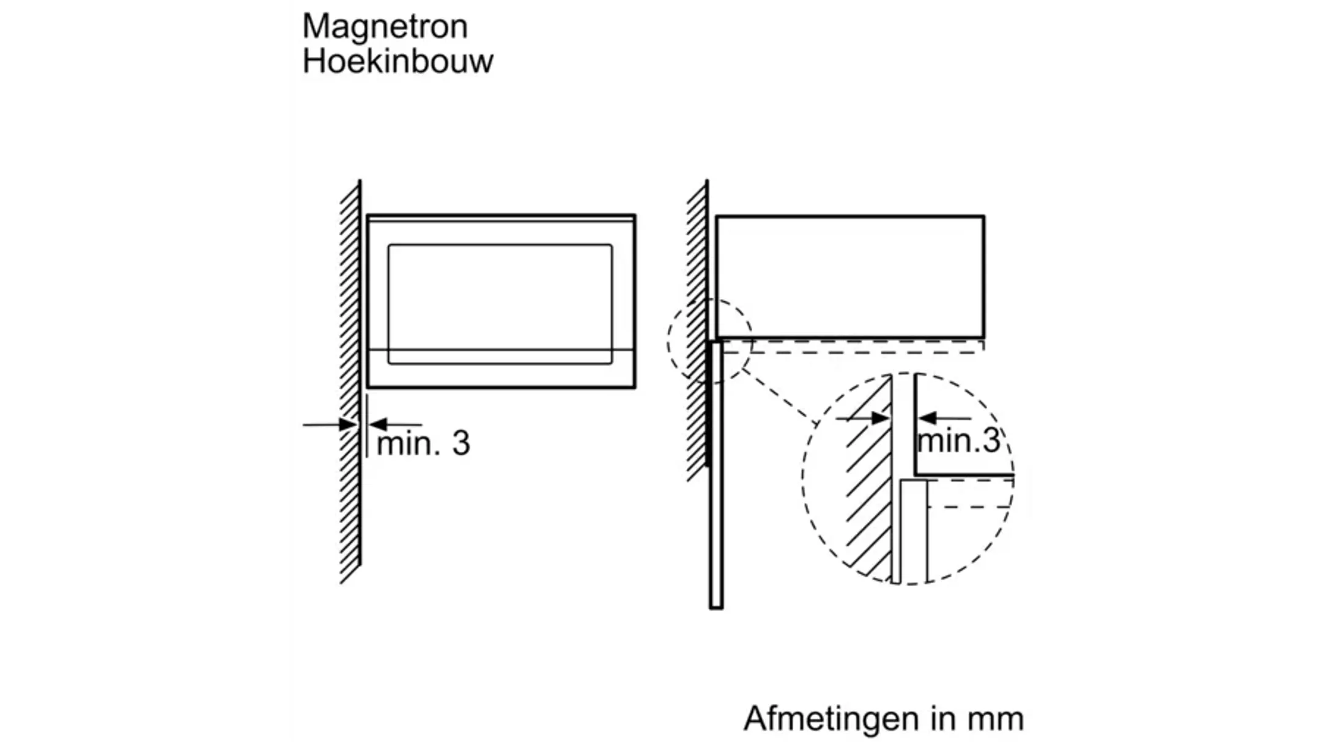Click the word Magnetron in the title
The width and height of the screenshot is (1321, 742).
(x=385, y=27)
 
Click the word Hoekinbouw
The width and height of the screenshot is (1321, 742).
(x=398, y=62)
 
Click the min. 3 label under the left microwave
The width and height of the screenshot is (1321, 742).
(x=423, y=443)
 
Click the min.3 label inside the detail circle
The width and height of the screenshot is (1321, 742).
(x=958, y=440)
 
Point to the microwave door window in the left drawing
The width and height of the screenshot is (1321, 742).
(x=500, y=296)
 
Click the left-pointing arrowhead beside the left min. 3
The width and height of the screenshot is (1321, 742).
(x=379, y=424)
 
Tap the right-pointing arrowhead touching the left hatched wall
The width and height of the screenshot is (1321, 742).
(x=349, y=424)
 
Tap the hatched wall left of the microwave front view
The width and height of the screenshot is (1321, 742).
(x=350, y=379)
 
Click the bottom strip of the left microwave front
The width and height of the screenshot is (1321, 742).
(x=501, y=369)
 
